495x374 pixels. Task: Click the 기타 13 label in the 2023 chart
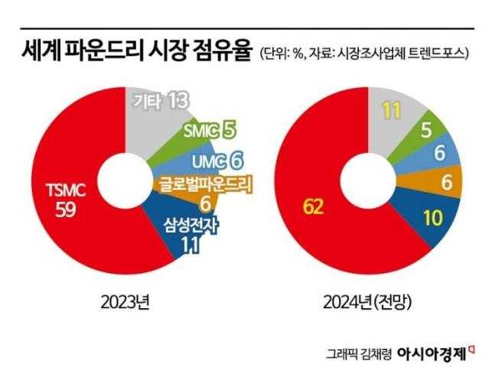[x=160, y=100]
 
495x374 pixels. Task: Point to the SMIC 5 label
[x=209, y=131]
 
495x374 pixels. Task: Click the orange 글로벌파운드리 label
[x=204, y=184]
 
